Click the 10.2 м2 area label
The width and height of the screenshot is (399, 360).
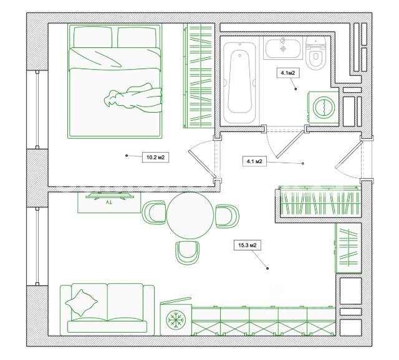(155, 158)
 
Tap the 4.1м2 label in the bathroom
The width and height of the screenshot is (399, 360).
(288, 73)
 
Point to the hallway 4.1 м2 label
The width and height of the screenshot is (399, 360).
(254, 161)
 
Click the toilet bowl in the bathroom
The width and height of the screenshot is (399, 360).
(316, 53)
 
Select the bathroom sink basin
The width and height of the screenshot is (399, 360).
(282, 48)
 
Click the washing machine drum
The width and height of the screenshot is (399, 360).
(324, 107)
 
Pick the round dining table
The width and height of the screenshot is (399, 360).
(190, 216)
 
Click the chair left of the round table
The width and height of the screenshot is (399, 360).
(155, 213)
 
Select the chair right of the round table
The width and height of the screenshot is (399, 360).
(227, 216)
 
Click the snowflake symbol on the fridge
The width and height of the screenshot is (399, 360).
(176, 320)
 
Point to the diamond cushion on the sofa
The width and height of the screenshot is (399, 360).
(82, 303)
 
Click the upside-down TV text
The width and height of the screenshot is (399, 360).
(108, 202)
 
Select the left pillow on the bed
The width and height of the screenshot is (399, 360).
(93, 37)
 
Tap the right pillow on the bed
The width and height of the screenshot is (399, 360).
(137, 37)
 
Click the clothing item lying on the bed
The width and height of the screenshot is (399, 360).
(133, 98)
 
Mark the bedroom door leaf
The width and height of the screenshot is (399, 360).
(202, 164)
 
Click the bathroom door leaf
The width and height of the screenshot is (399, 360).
(291, 144)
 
